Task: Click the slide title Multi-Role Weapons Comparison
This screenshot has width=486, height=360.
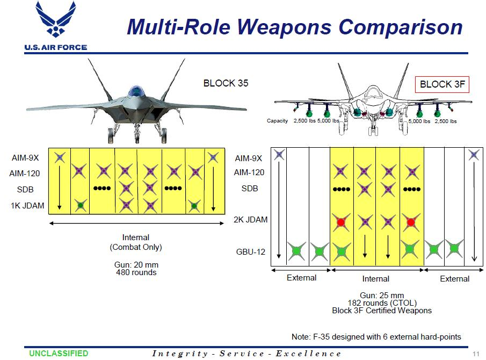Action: pyautogui.click(x=294, y=27)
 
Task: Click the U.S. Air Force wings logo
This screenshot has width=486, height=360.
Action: pyautogui.click(x=55, y=23)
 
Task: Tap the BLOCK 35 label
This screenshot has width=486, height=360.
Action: pyautogui.click(x=226, y=83)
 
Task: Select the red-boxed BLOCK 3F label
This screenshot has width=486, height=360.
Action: pyautogui.click(x=443, y=84)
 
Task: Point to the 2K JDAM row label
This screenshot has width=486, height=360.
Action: pyautogui.click(x=251, y=220)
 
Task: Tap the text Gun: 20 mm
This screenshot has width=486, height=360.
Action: pyautogui.click(x=136, y=265)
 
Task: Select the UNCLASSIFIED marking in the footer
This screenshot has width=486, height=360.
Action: pyautogui.click(x=59, y=354)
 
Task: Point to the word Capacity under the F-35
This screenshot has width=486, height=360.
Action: pyautogui.click(x=278, y=121)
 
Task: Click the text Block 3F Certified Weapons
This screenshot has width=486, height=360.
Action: pyautogui.click(x=382, y=310)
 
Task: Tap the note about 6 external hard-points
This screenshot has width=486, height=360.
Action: pyautogui.click(x=376, y=337)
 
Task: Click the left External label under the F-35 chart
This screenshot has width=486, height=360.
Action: pyautogui.click(x=301, y=278)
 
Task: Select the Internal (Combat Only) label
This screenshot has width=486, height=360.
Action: pyautogui.click(x=136, y=242)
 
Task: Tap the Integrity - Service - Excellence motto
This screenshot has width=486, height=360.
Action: pyautogui.click(x=246, y=354)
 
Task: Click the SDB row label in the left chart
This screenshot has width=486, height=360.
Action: pyautogui.click(x=25, y=190)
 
